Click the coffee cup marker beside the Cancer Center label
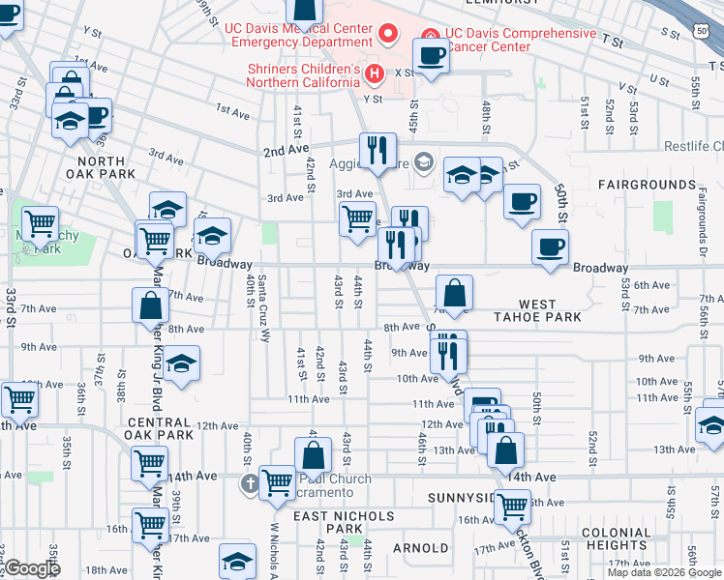430,55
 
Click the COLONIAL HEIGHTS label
617,538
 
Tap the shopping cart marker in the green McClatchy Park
40,224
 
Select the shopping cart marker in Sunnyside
511,505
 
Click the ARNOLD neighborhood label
420,548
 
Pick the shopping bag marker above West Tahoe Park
454,292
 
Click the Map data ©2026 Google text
665,572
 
